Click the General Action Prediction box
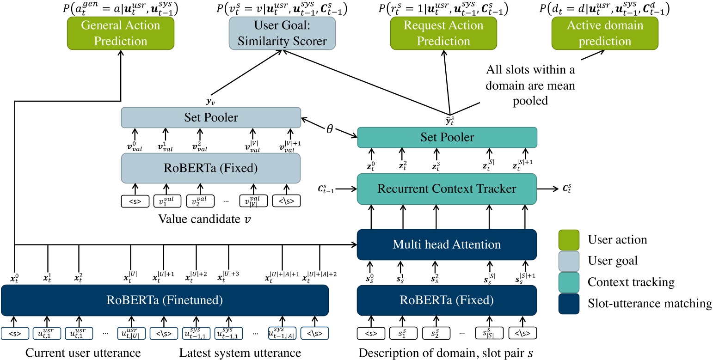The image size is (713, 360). click(121, 34)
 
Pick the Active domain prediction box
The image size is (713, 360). click(604, 34)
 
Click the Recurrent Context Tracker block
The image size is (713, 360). click(447, 189)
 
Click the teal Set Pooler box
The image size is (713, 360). click(447, 137)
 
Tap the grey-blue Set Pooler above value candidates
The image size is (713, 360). click(211, 117)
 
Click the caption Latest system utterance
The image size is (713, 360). click(240, 353)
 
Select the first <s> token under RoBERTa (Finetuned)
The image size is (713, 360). click(15, 333)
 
